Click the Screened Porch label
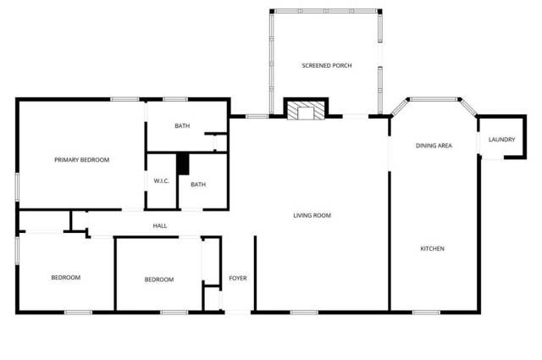[x=327, y=65]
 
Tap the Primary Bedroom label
[x=82, y=160]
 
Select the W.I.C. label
[x=162, y=181]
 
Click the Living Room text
[x=312, y=215]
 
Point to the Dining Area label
[x=434, y=146]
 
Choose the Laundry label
[x=501, y=140]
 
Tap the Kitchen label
[x=432, y=249]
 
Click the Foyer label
[x=238, y=278]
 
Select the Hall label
[x=160, y=226]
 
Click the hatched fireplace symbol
[x=307, y=111]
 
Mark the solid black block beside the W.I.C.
[x=183, y=164]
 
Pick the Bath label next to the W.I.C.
[x=198, y=185]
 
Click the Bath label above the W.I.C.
[x=182, y=126]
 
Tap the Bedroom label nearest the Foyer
[x=159, y=280]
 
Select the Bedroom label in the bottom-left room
[x=66, y=277]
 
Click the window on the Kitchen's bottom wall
[x=426, y=313]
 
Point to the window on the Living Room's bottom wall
[x=304, y=313]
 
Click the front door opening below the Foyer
[x=238, y=313]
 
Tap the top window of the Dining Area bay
[x=434, y=99]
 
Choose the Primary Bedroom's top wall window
[x=124, y=99]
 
